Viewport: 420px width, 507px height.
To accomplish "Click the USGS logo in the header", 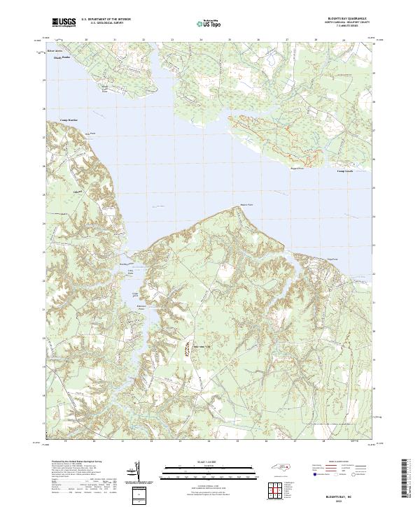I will click(64, 22).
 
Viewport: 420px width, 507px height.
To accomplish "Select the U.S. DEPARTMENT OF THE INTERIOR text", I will click(106, 19).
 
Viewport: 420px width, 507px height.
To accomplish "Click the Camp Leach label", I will click(346, 171).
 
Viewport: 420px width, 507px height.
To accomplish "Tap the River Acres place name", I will click(55, 52).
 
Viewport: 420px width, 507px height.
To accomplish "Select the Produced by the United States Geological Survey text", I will click(76, 463).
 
